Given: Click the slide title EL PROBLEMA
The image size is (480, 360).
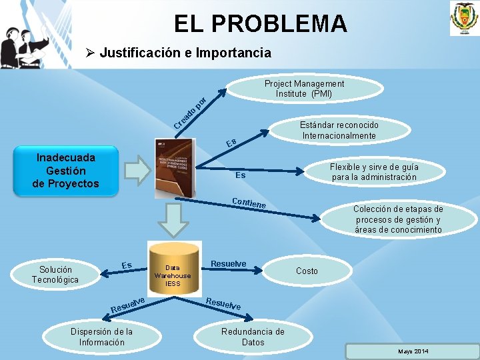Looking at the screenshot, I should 260,23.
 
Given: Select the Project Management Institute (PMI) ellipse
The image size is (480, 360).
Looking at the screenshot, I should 304,89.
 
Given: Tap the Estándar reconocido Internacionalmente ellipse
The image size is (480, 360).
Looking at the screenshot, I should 339,131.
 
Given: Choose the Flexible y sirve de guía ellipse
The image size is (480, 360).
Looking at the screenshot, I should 374,172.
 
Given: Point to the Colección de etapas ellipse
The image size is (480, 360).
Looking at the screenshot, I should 397,219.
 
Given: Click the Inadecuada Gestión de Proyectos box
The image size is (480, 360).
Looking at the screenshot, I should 65,171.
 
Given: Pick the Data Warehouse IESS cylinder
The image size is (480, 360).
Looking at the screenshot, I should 173,271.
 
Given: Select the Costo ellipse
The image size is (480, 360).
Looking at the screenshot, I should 307,271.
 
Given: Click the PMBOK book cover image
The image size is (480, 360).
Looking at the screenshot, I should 174,168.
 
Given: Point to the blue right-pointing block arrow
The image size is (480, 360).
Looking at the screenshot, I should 138,171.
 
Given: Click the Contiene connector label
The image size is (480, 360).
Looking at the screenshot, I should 249,203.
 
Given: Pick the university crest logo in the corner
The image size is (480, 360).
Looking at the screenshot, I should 461,19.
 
